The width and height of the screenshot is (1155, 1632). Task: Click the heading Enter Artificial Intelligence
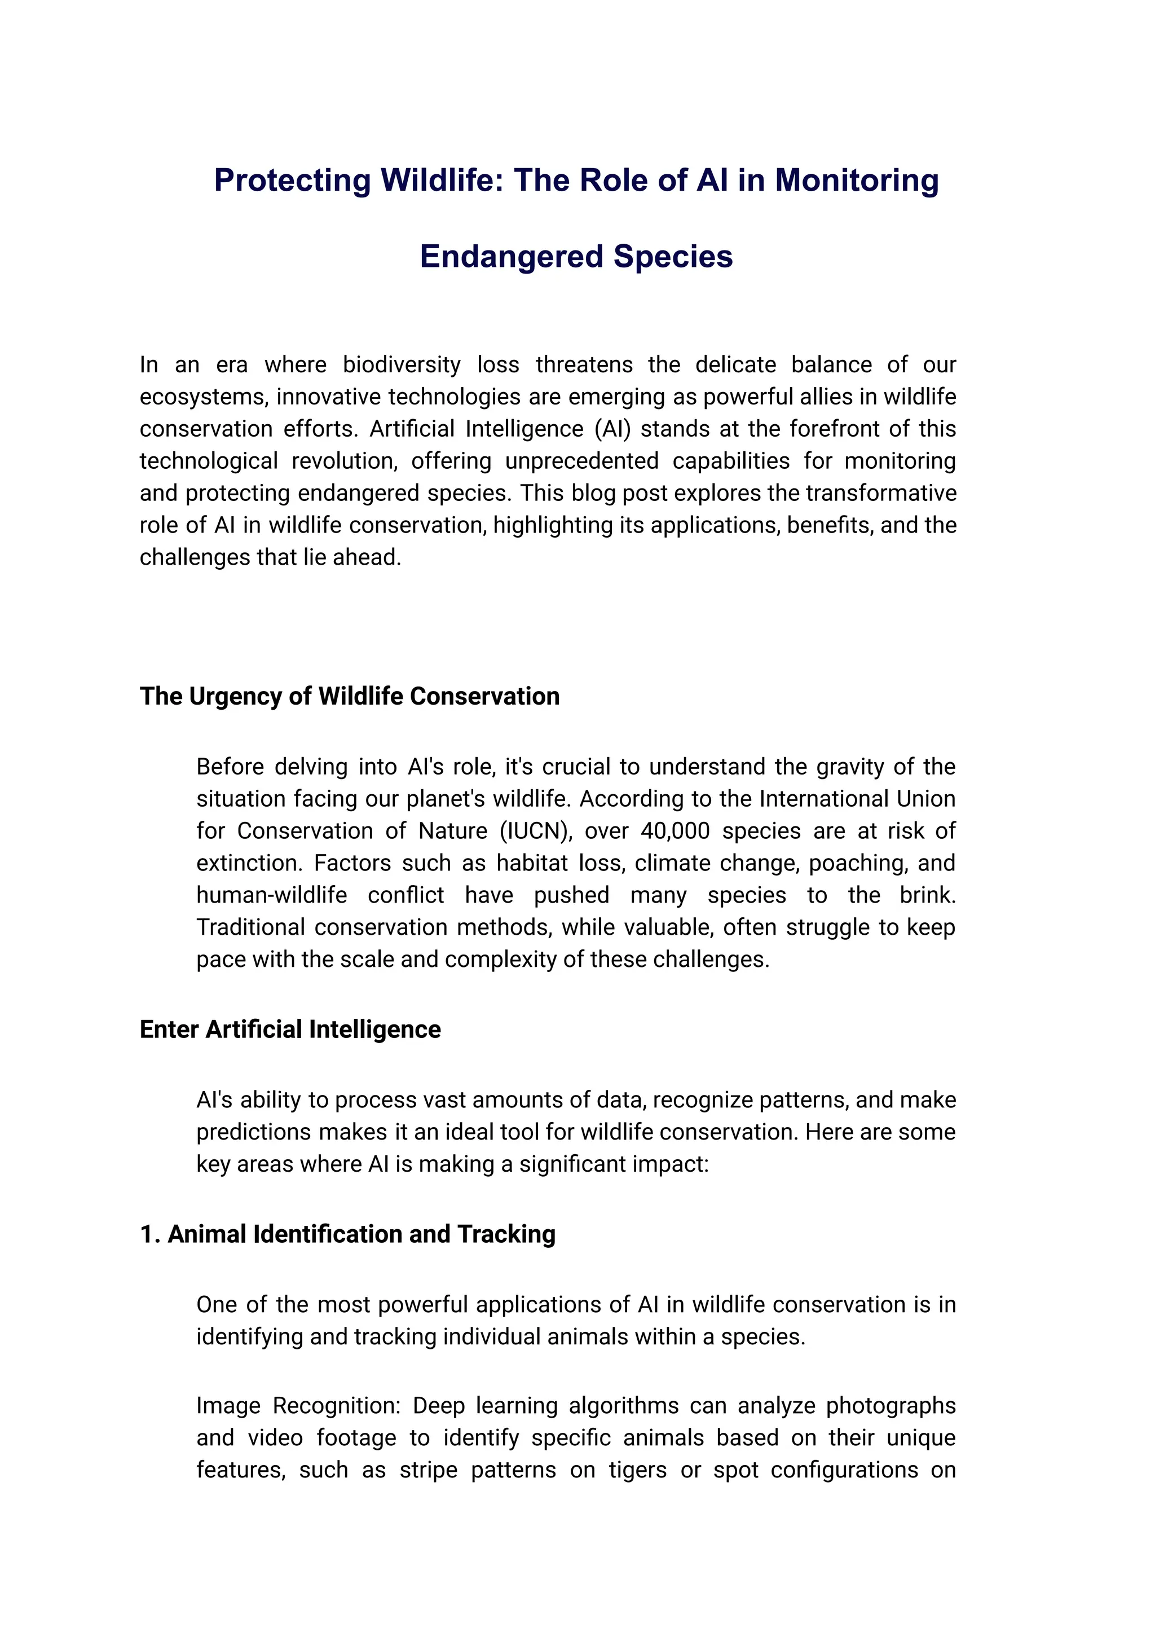(x=290, y=1030)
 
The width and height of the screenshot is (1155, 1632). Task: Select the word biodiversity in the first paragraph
(x=402, y=364)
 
